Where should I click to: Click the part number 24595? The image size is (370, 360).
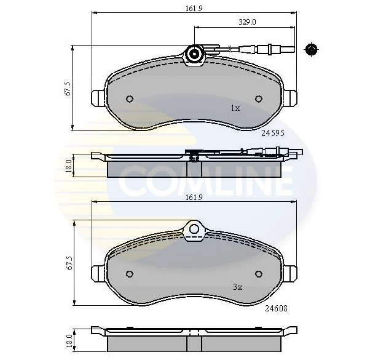(272, 132)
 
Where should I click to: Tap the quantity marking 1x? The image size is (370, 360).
(234, 108)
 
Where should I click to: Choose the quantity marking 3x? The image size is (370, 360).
(237, 286)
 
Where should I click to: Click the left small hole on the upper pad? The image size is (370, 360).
(129, 99)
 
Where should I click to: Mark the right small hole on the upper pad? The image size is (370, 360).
(258, 99)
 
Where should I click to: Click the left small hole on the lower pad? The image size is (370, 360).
(129, 274)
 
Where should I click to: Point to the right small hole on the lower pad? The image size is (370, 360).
(258, 274)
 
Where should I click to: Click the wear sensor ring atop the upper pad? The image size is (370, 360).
(195, 55)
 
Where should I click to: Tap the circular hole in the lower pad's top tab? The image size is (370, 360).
(195, 230)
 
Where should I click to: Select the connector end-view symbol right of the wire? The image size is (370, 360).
(311, 49)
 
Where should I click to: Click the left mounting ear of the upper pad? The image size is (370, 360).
(98, 98)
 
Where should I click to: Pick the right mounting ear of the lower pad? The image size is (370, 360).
(291, 273)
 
